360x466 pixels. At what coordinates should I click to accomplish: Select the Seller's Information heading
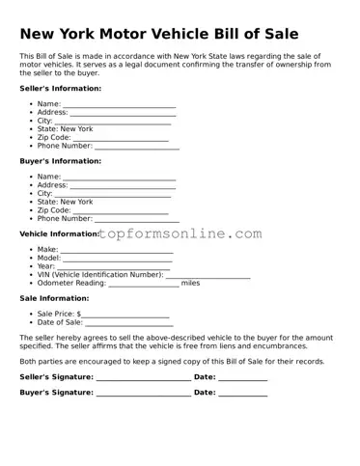[x=60, y=88]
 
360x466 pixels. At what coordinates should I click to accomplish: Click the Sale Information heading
[x=55, y=298]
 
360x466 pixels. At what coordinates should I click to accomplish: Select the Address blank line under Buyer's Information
[x=124, y=186]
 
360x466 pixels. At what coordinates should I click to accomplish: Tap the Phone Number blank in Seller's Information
[x=137, y=148]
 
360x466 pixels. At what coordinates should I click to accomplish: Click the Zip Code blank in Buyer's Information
[x=121, y=211]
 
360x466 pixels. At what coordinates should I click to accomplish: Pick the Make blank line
[x=118, y=251]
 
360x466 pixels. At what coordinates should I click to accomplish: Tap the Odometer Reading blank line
[x=144, y=285]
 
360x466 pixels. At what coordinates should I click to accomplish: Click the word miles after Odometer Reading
[x=191, y=284]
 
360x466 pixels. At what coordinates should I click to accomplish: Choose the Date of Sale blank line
[x=134, y=324]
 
